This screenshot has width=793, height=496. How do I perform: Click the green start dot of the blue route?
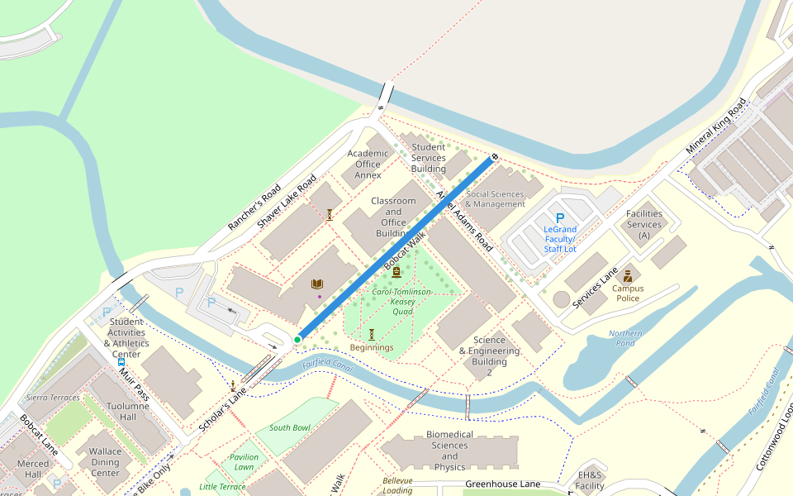pyautogui.click(x=297, y=340)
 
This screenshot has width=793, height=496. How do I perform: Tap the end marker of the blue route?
pyautogui.click(x=494, y=156)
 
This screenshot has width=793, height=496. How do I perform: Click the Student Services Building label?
pyautogui.click(x=428, y=158)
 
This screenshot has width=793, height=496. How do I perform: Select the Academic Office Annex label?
pyautogui.click(x=368, y=165)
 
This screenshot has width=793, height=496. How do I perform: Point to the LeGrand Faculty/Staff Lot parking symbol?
pyautogui.click(x=559, y=218)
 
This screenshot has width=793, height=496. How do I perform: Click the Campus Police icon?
pyautogui.click(x=628, y=275)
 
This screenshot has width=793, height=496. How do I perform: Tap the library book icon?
pyautogui.click(x=317, y=284)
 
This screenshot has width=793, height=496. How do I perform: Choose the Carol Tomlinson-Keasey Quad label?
pyautogui.click(x=402, y=302)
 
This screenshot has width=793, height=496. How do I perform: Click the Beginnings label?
pyautogui.click(x=372, y=347)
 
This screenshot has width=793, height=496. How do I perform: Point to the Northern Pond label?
pyautogui.click(x=624, y=339)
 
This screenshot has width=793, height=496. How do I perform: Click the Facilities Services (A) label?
pyautogui.click(x=643, y=224)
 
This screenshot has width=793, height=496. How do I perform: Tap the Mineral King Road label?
pyautogui.click(x=715, y=126)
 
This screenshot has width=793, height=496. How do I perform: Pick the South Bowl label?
pyautogui.click(x=289, y=427)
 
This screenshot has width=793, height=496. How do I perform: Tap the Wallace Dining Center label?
pyautogui.click(x=106, y=462)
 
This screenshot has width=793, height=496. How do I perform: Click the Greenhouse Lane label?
pyautogui.click(x=502, y=484)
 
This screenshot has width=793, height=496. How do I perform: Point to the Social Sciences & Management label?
pyautogui.click(x=495, y=199)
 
